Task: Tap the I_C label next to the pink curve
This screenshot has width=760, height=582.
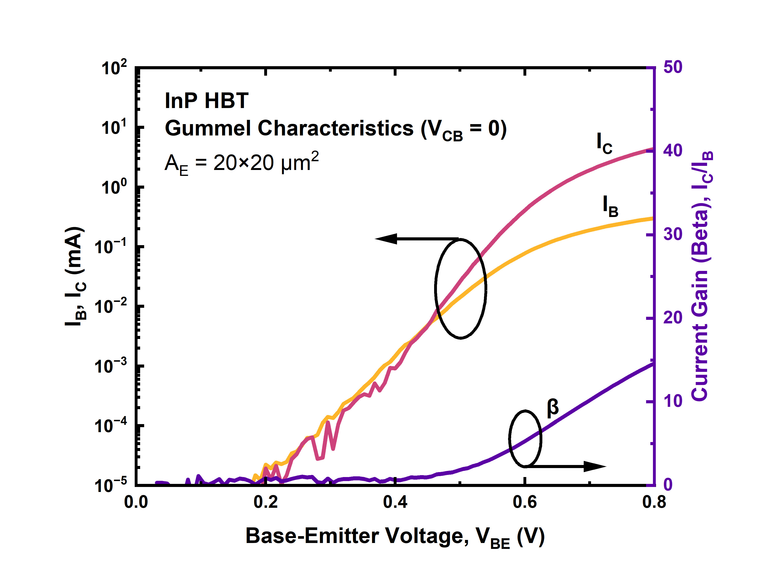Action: (604, 143)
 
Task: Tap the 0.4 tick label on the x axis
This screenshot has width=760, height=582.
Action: (395, 502)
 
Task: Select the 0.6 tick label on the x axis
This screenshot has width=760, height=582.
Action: (525, 502)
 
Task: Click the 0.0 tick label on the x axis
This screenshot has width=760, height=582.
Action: (136, 502)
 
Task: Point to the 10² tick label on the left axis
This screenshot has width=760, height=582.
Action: (114, 68)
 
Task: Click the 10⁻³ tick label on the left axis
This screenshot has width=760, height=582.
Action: (111, 366)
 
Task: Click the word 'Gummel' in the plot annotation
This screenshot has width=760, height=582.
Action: (207, 129)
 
